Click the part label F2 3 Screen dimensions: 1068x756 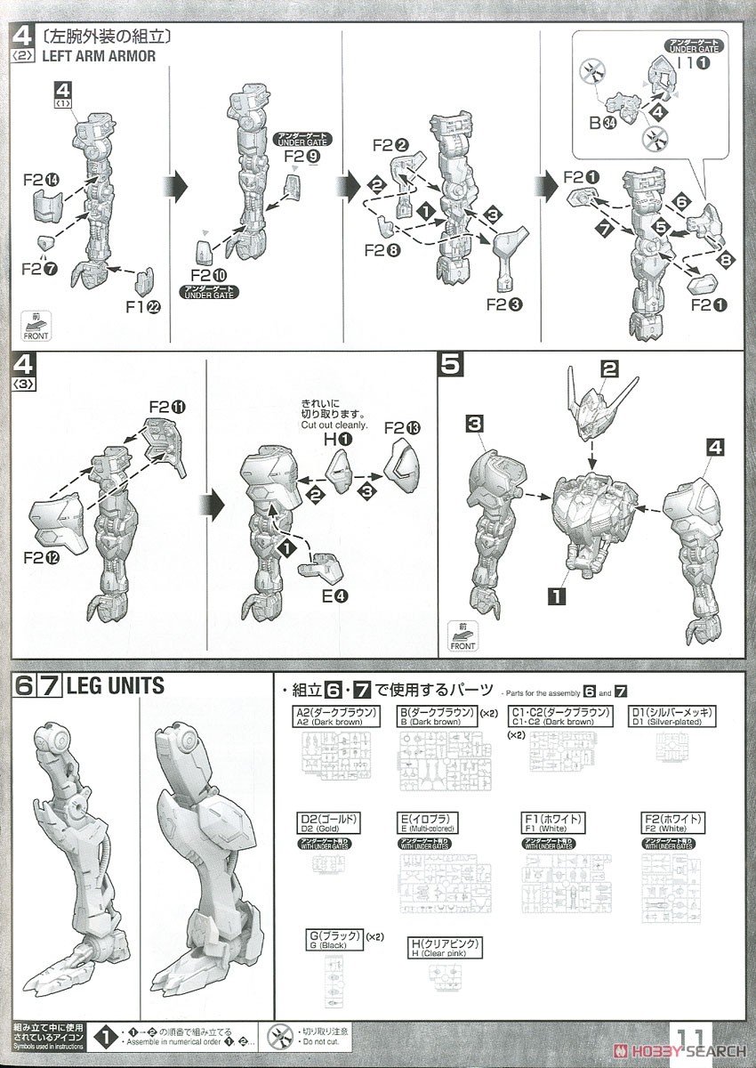504,303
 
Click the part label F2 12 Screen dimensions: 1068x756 41,562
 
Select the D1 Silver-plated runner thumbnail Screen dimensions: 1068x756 683,748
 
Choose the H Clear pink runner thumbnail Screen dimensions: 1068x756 445,975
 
